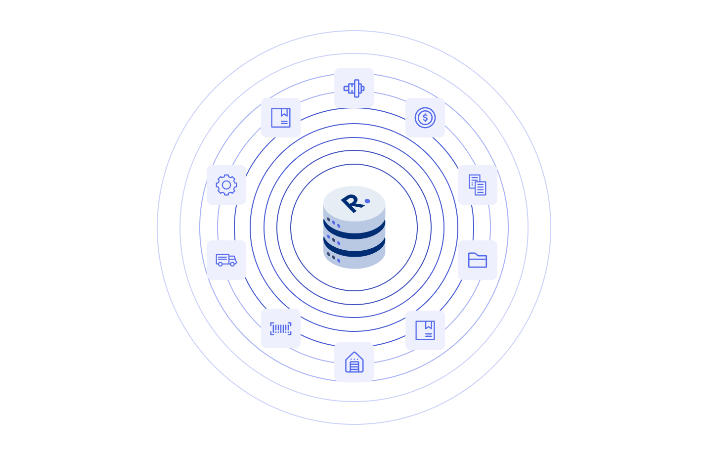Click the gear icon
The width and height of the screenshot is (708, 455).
pos(226,185)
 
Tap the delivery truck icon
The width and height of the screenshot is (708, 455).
pos(226,260)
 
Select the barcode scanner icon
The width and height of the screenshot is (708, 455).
pos(281,328)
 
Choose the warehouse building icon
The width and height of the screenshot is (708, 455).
pos(354,362)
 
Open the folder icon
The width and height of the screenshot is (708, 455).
pos(478,260)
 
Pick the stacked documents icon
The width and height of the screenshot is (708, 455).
pos(478,185)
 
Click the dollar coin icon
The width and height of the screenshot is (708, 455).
pos(425,118)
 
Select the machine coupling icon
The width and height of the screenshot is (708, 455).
pos(354,88)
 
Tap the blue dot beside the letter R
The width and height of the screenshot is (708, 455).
pos(367,201)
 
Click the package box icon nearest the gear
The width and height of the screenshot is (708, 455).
pos(281,118)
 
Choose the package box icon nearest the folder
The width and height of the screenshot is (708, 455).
pos(425,330)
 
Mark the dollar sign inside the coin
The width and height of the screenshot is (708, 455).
pos(425,118)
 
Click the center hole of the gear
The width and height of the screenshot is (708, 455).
pos(226,185)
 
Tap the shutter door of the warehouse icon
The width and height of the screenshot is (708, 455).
pos(354,366)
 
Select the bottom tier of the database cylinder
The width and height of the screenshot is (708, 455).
pos(354,259)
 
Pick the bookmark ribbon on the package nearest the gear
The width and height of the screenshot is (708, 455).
pos(284,112)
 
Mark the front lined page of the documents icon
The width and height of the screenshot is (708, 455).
pos(480,188)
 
